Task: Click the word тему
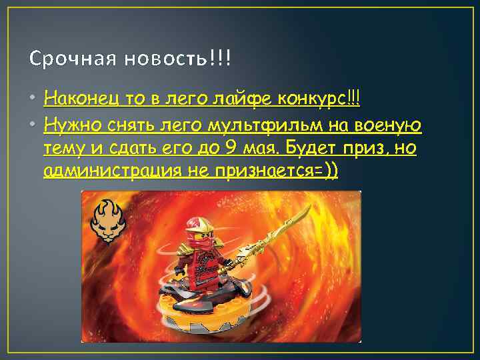(60, 148)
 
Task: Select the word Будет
(316, 148)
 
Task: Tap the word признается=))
(279, 171)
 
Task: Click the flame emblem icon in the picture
(108, 221)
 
